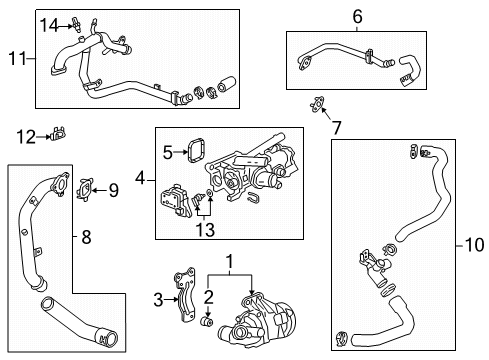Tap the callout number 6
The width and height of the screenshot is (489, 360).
[357, 16]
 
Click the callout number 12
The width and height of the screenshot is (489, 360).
[26, 134]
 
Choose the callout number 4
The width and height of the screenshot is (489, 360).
[140, 180]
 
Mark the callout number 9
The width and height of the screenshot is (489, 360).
[113, 189]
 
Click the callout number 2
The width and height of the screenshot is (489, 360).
[209, 295]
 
